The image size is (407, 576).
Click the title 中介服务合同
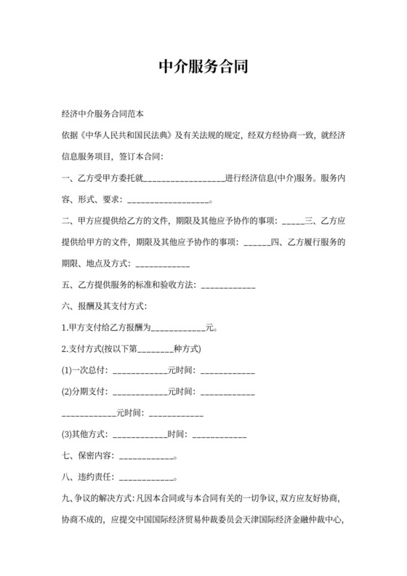[203, 67]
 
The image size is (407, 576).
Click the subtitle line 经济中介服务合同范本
[104, 115]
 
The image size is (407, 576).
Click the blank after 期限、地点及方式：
[163, 263]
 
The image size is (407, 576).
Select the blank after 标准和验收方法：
[227, 285]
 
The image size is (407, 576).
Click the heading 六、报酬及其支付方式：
[105, 305]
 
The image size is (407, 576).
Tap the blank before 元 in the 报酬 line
[177, 328]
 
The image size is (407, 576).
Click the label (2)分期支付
[84, 391]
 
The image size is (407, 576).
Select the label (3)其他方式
[84, 435]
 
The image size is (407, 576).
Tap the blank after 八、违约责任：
[145, 479]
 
